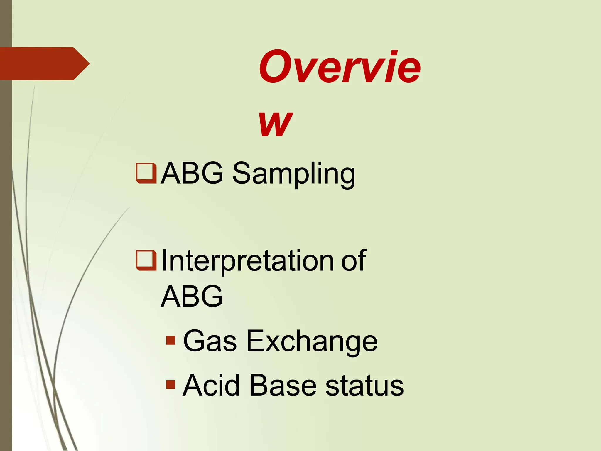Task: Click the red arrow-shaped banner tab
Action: click(44, 63)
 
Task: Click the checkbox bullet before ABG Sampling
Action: click(146, 173)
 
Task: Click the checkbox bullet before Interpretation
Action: click(146, 260)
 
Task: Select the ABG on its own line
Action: click(192, 296)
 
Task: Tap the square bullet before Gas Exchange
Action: click(170, 340)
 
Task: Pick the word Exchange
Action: click(312, 341)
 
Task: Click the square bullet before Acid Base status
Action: click(170, 384)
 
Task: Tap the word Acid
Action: click(211, 385)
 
